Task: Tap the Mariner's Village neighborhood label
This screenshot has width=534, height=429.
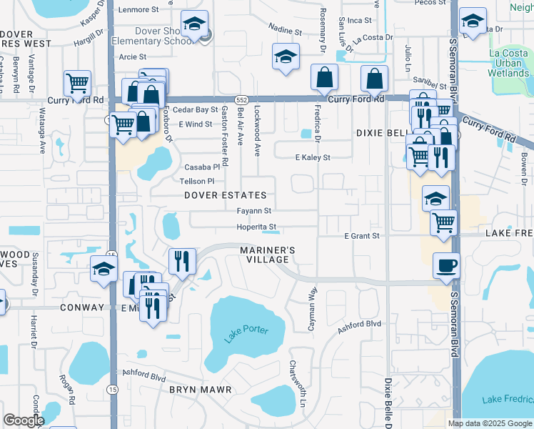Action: (268, 255)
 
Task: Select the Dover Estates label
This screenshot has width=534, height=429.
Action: (225, 195)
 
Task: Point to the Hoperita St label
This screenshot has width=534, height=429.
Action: (256, 227)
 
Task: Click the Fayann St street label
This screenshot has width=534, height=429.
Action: (254, 211)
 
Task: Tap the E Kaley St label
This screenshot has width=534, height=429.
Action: (313, 157)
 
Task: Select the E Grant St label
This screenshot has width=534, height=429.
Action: (361, 235)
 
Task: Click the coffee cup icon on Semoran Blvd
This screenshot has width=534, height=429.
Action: (447, 265)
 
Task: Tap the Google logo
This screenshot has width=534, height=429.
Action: (24, 420)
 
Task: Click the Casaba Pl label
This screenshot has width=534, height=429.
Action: (200, 167)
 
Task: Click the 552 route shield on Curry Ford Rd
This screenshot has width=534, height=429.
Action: (242, 100)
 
